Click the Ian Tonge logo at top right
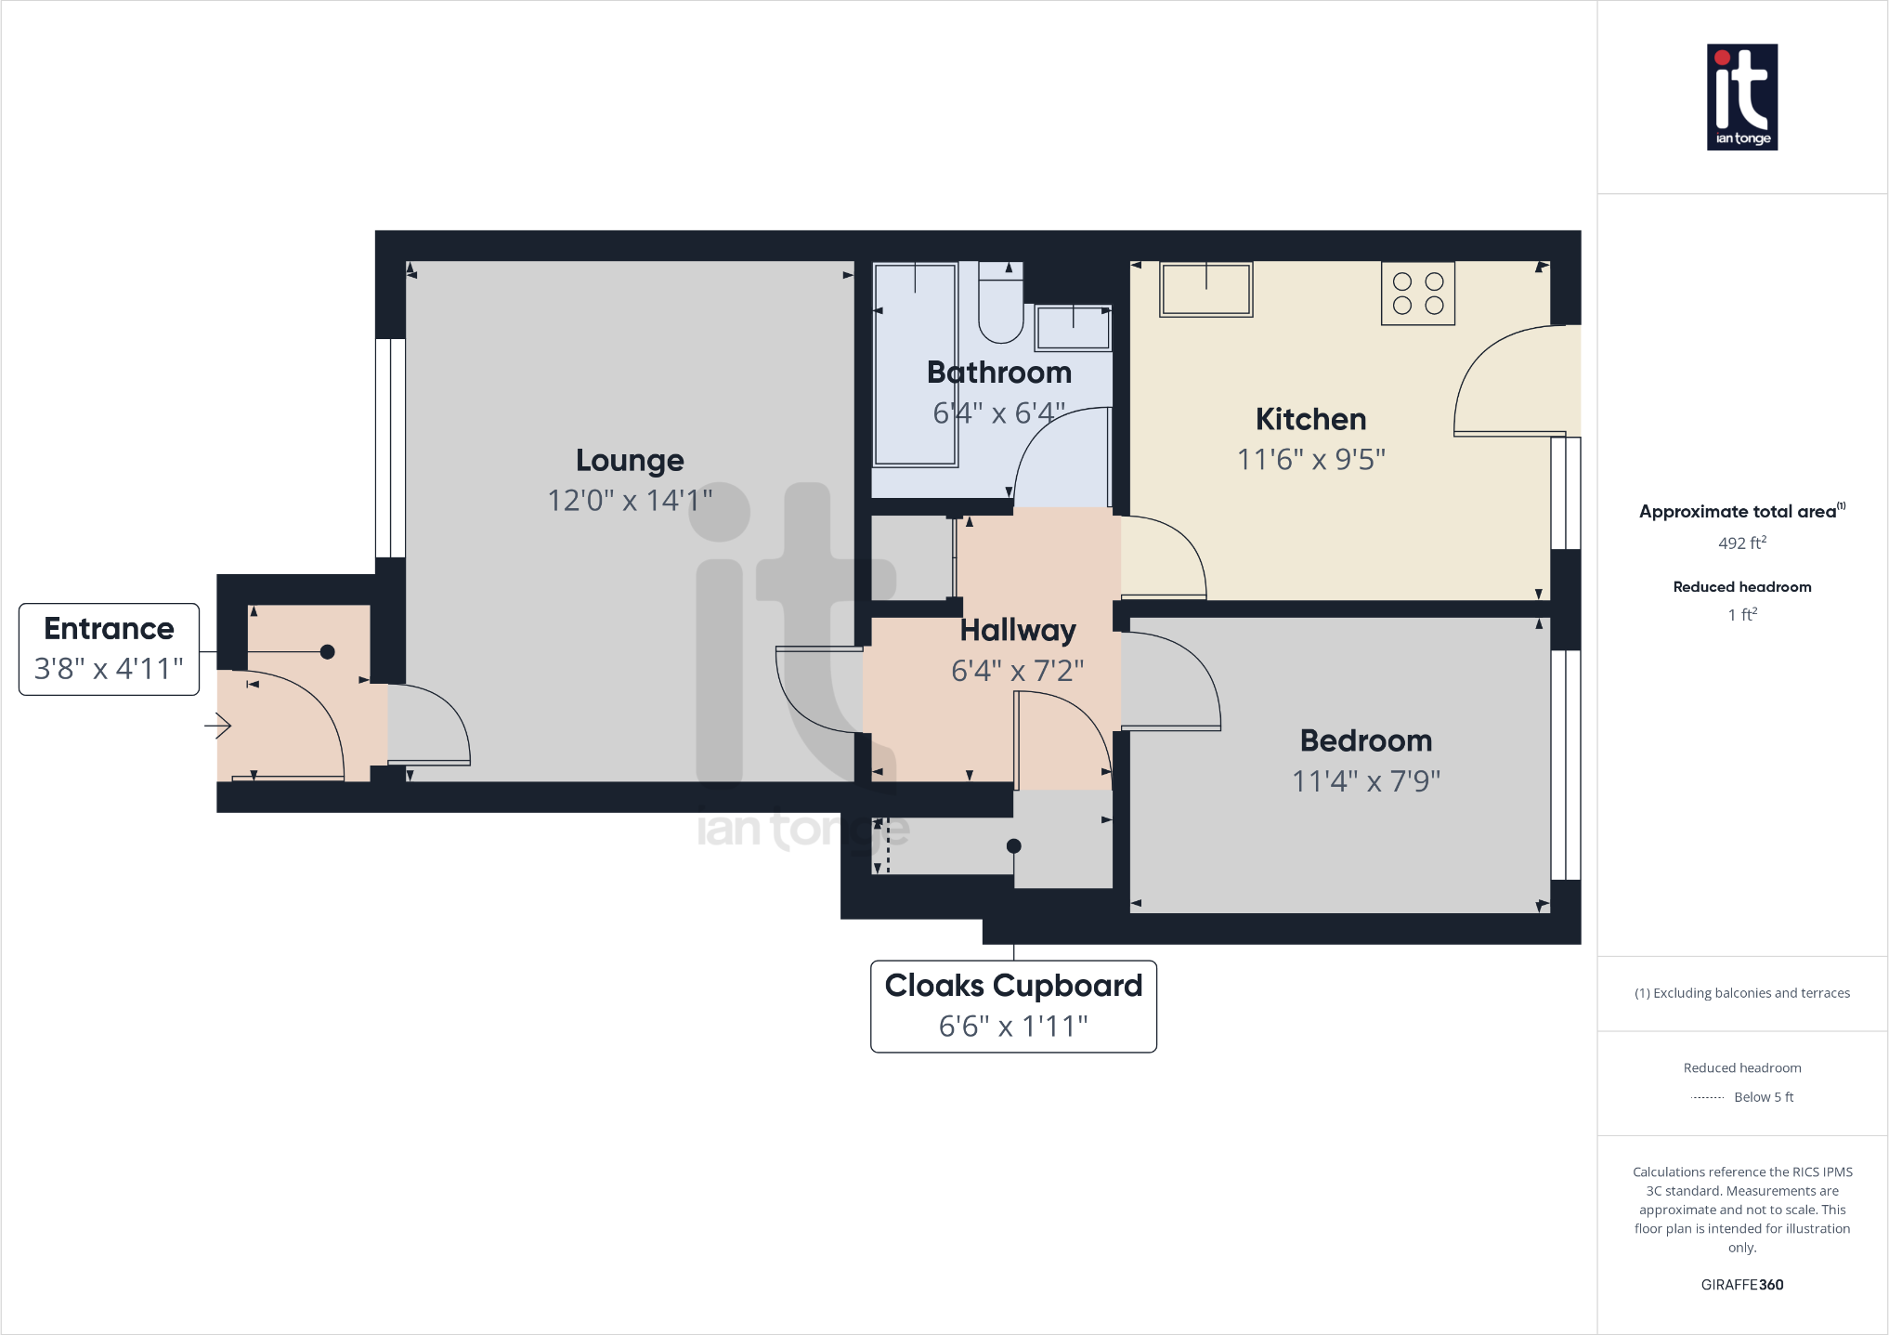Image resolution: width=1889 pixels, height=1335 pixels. [1741, 97]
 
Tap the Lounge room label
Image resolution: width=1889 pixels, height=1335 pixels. [630, 461]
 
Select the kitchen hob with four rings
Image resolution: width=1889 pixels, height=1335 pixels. [1417, 294]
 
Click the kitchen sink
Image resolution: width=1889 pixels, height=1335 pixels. [1205, 289]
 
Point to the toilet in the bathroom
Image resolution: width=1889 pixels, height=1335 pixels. [1000, 307]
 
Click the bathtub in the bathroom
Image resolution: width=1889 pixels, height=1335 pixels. [915, 364]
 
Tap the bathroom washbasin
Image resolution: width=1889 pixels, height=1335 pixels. [1073, 328]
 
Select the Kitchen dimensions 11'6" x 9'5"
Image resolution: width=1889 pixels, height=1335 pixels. [1310, 459]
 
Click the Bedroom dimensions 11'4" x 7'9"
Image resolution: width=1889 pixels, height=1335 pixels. [1365, 780]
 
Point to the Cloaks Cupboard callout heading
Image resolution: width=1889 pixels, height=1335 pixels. [1013, 986]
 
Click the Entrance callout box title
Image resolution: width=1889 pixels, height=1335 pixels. [109, 629]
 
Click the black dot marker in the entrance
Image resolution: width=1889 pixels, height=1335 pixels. [327, 652]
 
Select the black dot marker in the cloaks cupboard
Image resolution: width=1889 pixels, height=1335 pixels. [1014, 846]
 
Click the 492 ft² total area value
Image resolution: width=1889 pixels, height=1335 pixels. [1741, 543]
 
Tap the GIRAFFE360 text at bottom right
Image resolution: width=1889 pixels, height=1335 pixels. [1741, 1285]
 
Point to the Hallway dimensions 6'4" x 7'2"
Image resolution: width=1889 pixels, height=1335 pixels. [1017, 670]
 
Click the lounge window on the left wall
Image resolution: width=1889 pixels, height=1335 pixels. [390, 448]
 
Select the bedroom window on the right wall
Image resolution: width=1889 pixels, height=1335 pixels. [1566, 764]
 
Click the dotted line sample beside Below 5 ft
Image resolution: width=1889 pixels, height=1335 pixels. [1707, 1098]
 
